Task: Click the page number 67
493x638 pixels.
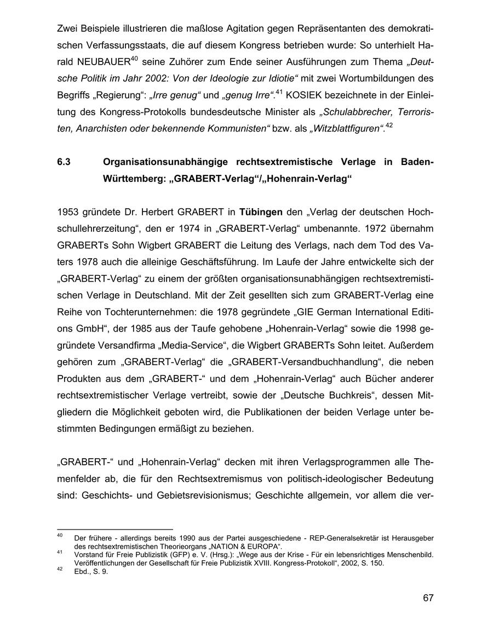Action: click(428, 598)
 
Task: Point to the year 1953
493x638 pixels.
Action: click(67, 212)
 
